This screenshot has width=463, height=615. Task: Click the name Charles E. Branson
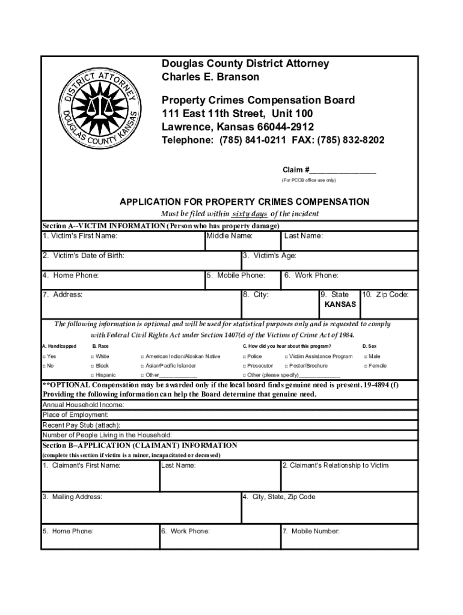[210, 77]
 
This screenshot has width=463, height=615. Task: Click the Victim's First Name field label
[80, 236]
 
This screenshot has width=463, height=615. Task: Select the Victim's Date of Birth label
[84, 256]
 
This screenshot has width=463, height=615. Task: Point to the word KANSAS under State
[340, 304]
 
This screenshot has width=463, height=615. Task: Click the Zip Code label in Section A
[387, 295]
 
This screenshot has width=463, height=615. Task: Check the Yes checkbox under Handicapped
[44, 357]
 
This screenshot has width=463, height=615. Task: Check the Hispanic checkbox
[92, 375]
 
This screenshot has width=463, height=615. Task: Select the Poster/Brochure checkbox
[286, 366]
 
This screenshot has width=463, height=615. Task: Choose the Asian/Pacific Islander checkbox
[142, 366]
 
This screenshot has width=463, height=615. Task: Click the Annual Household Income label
[84, 405]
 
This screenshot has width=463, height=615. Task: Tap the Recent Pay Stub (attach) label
[80, 425]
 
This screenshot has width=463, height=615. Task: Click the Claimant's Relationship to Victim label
[335, 465]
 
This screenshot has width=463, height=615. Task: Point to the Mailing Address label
[72, 497]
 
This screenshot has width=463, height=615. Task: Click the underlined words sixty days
[250, 214]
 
